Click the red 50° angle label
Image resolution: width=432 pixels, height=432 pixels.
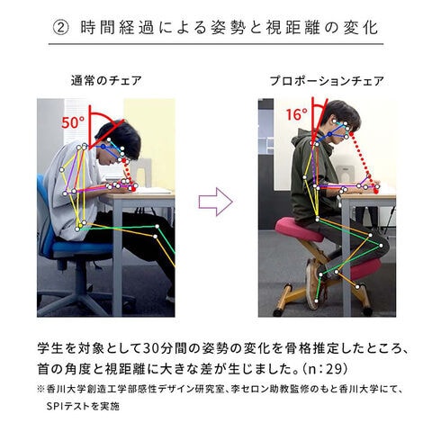tap(73, 122)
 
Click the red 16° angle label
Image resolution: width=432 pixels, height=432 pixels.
tap(297, 114)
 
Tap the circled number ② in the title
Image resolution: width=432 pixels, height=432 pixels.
tap(61, 28)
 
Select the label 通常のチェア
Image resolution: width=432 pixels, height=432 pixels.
tap(106, 81)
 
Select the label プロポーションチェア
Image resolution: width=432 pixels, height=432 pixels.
tap(327, 81)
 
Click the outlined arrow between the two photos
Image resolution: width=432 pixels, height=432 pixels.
tap(216, 202)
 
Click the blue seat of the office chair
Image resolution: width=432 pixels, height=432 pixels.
tap(84, 247)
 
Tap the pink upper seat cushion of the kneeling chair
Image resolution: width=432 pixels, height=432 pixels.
tap(299, 229)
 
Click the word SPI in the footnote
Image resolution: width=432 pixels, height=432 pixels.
tap(55, 407)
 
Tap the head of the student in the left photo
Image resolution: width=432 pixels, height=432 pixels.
tap(120, 143)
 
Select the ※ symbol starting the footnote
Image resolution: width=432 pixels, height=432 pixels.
tap(41, 390)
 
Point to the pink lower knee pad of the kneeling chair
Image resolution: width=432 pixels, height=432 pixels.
tap(364, 269)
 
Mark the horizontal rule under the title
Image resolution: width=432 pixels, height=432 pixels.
tap(216, 44)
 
